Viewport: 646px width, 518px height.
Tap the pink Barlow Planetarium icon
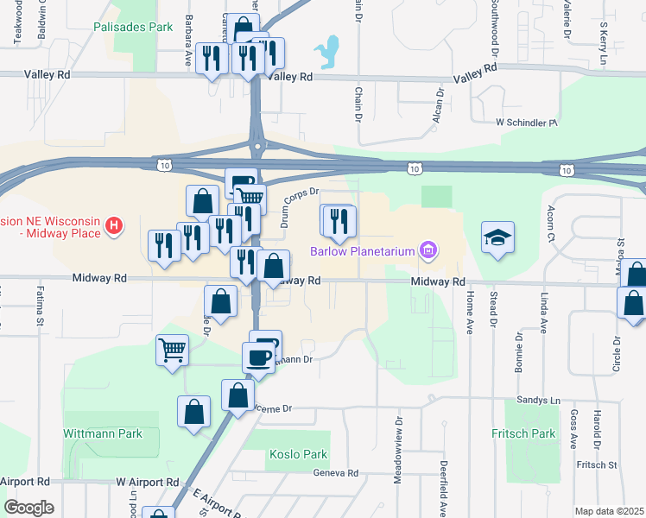pos(427,251)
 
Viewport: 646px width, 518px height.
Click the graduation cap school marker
pos(498,238)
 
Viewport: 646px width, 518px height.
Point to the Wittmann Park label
pos(103,433)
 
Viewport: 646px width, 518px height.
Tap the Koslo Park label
pos(298,454)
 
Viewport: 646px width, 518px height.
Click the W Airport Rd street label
pos(147,481)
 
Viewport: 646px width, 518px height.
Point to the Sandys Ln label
pos(538,401)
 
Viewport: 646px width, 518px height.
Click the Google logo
pos(28,507)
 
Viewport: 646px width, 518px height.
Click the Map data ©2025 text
pos(608,511)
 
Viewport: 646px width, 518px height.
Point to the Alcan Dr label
pos(440,104)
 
